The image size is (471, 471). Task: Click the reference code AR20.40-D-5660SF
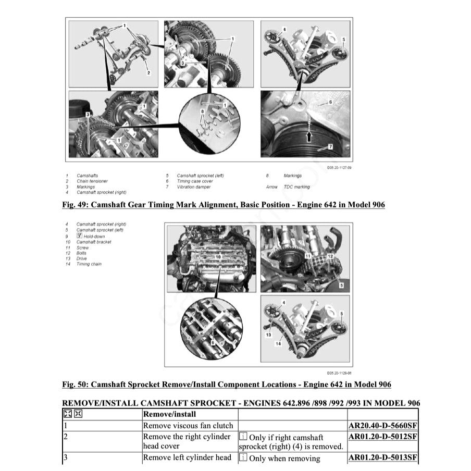point(382,426)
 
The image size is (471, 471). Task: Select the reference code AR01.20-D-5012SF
point(382,437)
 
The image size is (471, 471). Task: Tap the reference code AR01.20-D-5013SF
point(382,458)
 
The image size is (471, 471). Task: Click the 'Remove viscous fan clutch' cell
point(188,426)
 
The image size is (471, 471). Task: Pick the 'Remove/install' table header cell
point(169,414)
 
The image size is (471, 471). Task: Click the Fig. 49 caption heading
point(223,205)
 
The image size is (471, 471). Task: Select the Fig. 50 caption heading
point(226,385)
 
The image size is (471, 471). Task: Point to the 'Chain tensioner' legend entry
point(92,181)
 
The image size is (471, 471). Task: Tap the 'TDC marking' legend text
point(296,187)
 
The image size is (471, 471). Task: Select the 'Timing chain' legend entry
point(89,264)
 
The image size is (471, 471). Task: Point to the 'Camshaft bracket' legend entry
point(94,242)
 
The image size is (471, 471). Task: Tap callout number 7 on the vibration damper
point(330,147)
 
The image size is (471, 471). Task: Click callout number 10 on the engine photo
point(218,257)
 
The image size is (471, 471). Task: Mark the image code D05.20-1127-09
point(339,168)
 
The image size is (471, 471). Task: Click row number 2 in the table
point(66,437)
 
